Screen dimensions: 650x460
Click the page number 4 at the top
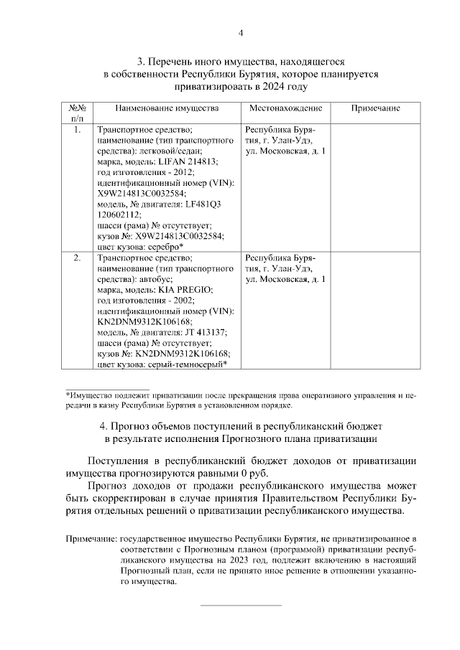coord(241,32)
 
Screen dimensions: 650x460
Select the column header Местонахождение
coord(285,108)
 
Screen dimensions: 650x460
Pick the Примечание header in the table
coord(375,108)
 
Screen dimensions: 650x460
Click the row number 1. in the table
coord(78,130)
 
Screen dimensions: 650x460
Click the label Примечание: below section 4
coord(91,536)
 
